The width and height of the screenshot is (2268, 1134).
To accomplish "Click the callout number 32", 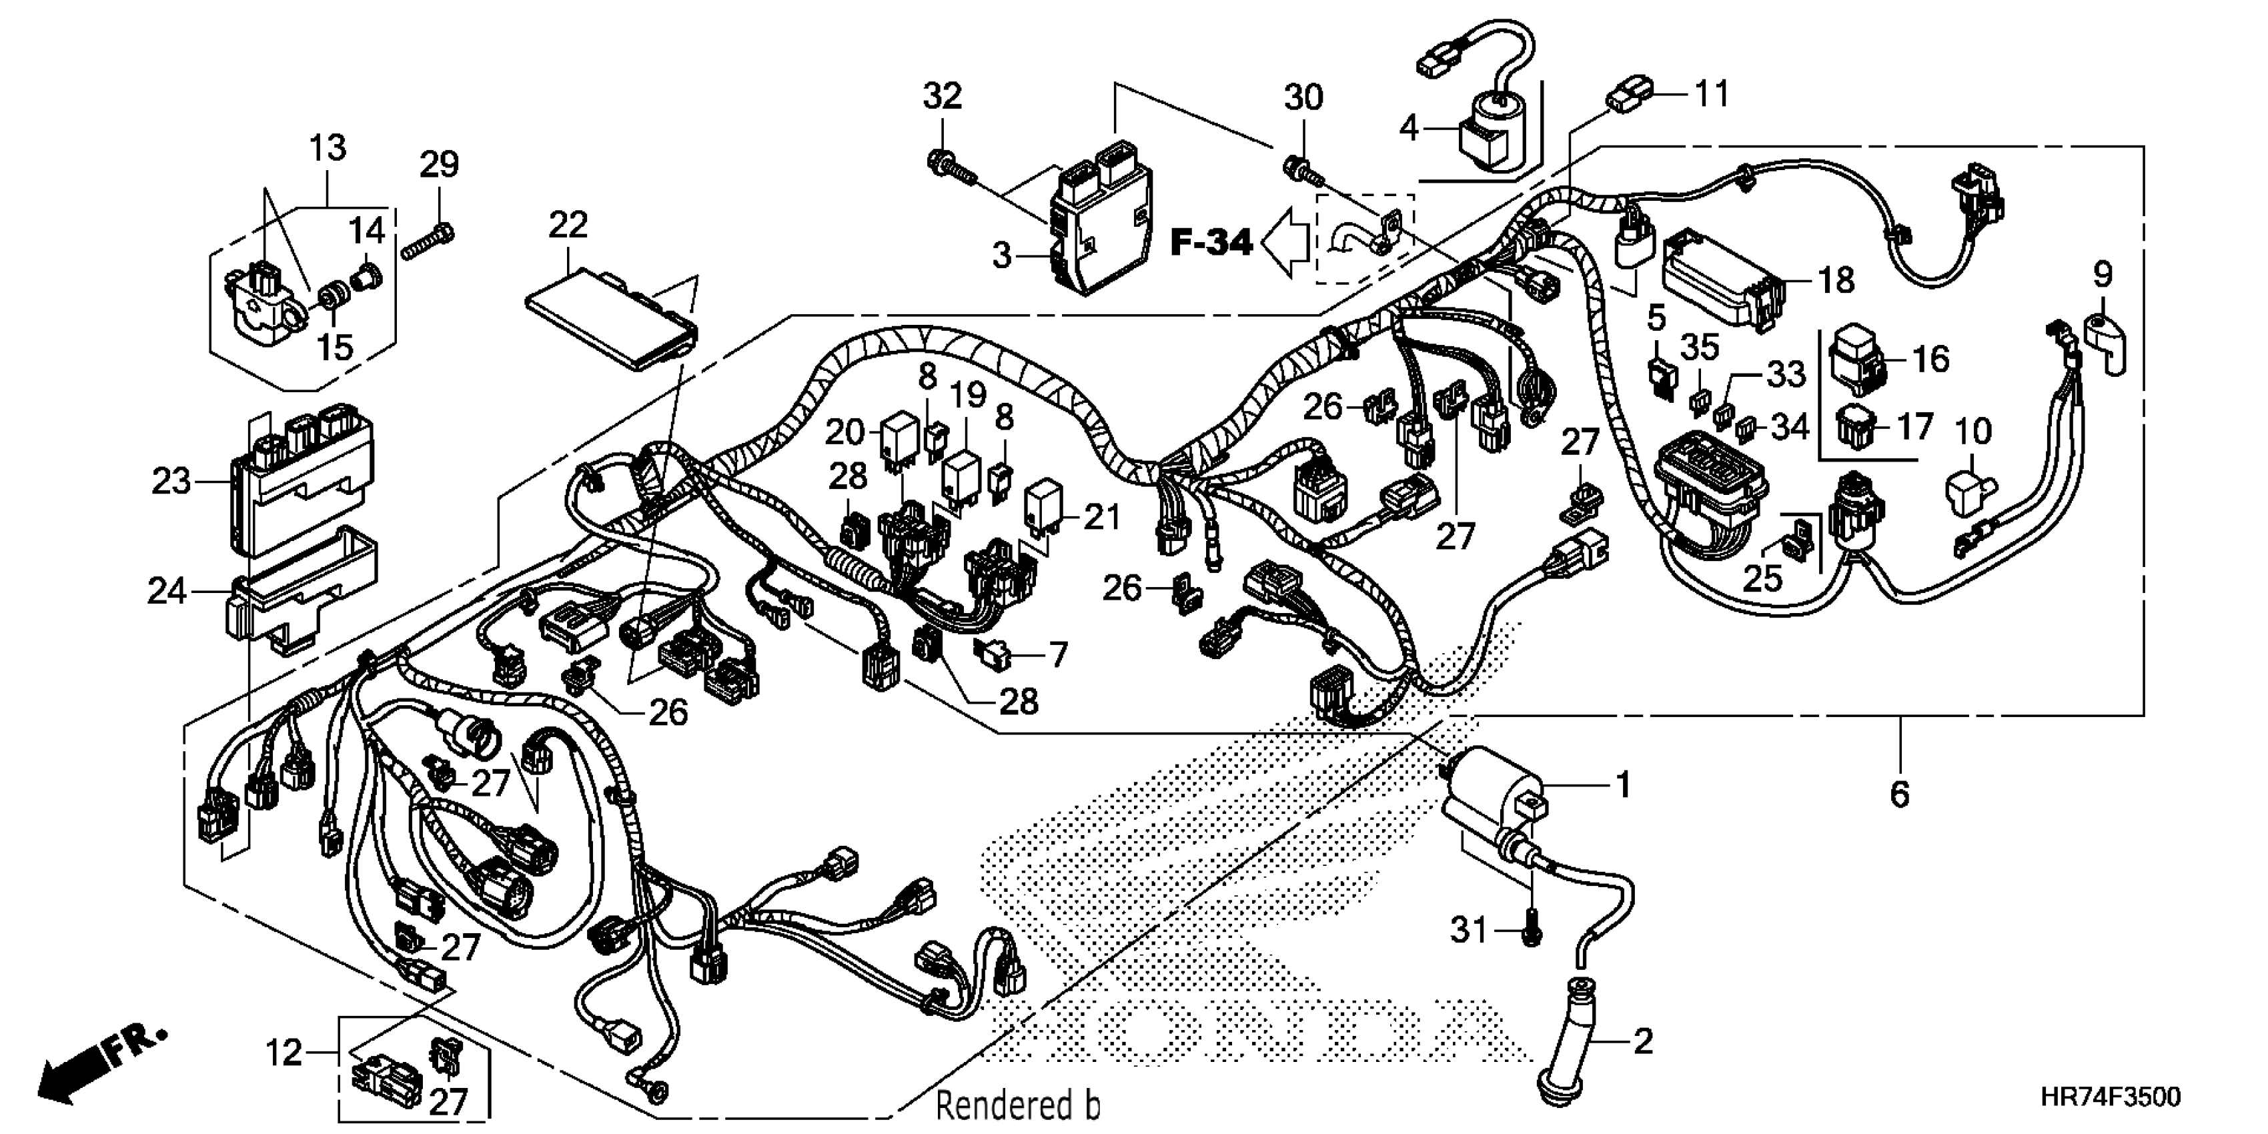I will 942,96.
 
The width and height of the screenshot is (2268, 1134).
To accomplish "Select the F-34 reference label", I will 1211,242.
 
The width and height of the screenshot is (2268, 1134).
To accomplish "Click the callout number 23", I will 171,482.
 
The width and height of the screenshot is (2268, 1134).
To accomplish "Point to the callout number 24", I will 166,591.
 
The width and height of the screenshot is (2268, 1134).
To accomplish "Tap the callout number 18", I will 1836,280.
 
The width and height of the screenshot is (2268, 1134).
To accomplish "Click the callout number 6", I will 1899,795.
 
